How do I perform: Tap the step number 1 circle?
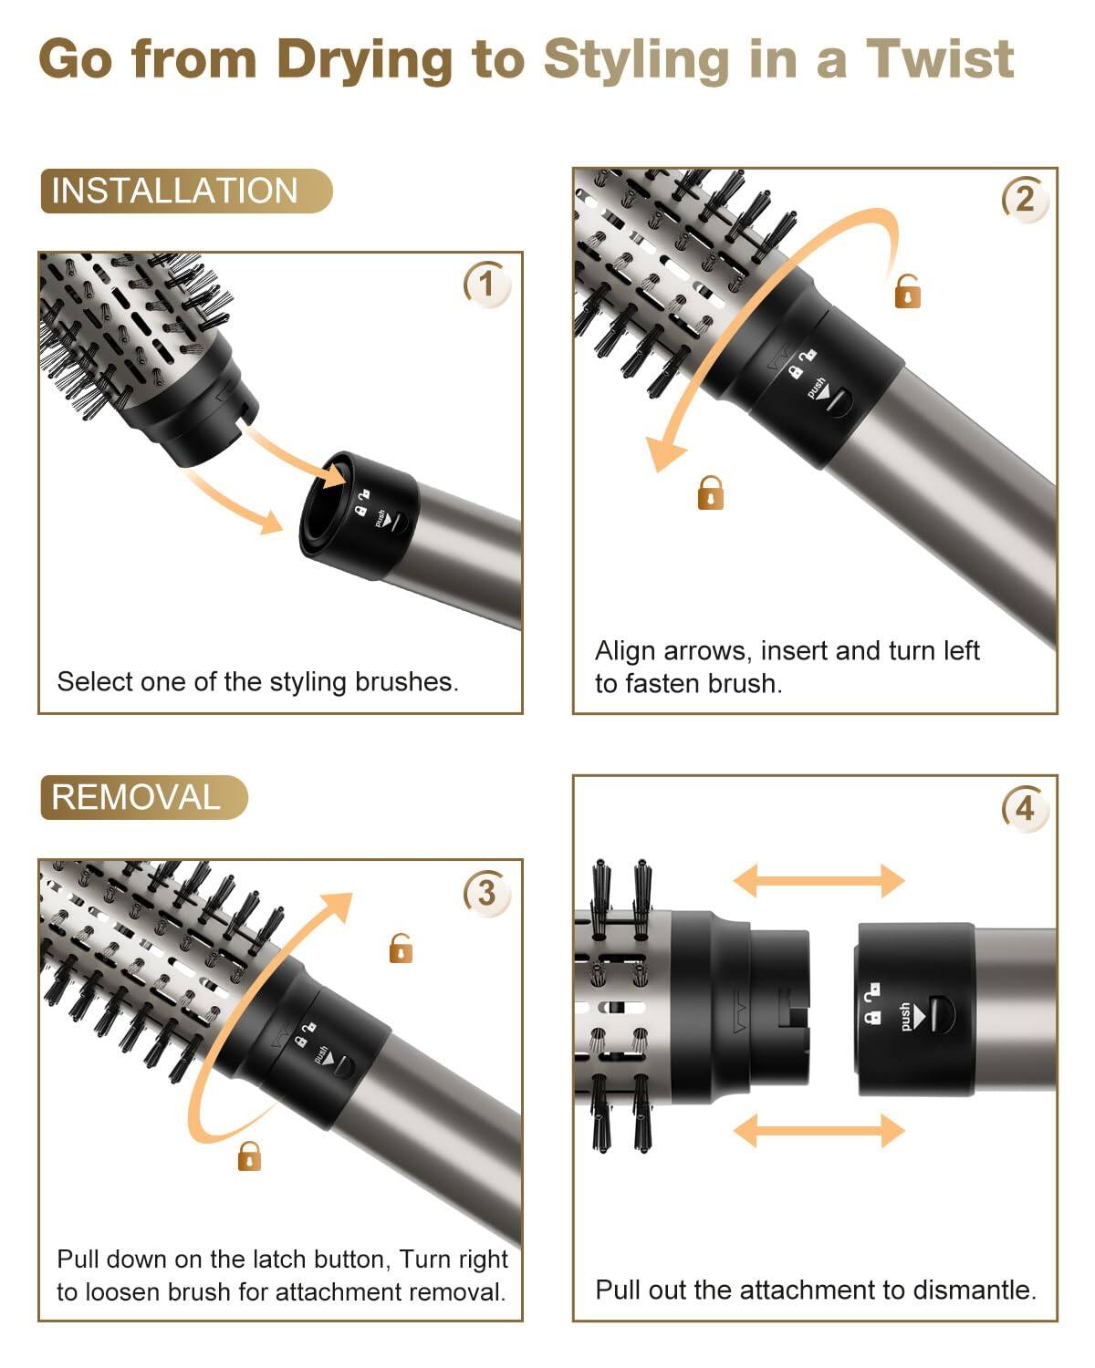[486, 284]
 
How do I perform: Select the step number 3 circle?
[486, 891]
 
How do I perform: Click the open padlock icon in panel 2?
[907, 292]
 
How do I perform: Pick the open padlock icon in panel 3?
[401, 948]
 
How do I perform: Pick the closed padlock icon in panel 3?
[249, 1156]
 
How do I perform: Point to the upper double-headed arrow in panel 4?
[819, 881]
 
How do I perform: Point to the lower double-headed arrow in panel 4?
[819, 1131]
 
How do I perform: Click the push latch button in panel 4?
[933, 1015]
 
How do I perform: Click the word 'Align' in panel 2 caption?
[625, 651]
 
